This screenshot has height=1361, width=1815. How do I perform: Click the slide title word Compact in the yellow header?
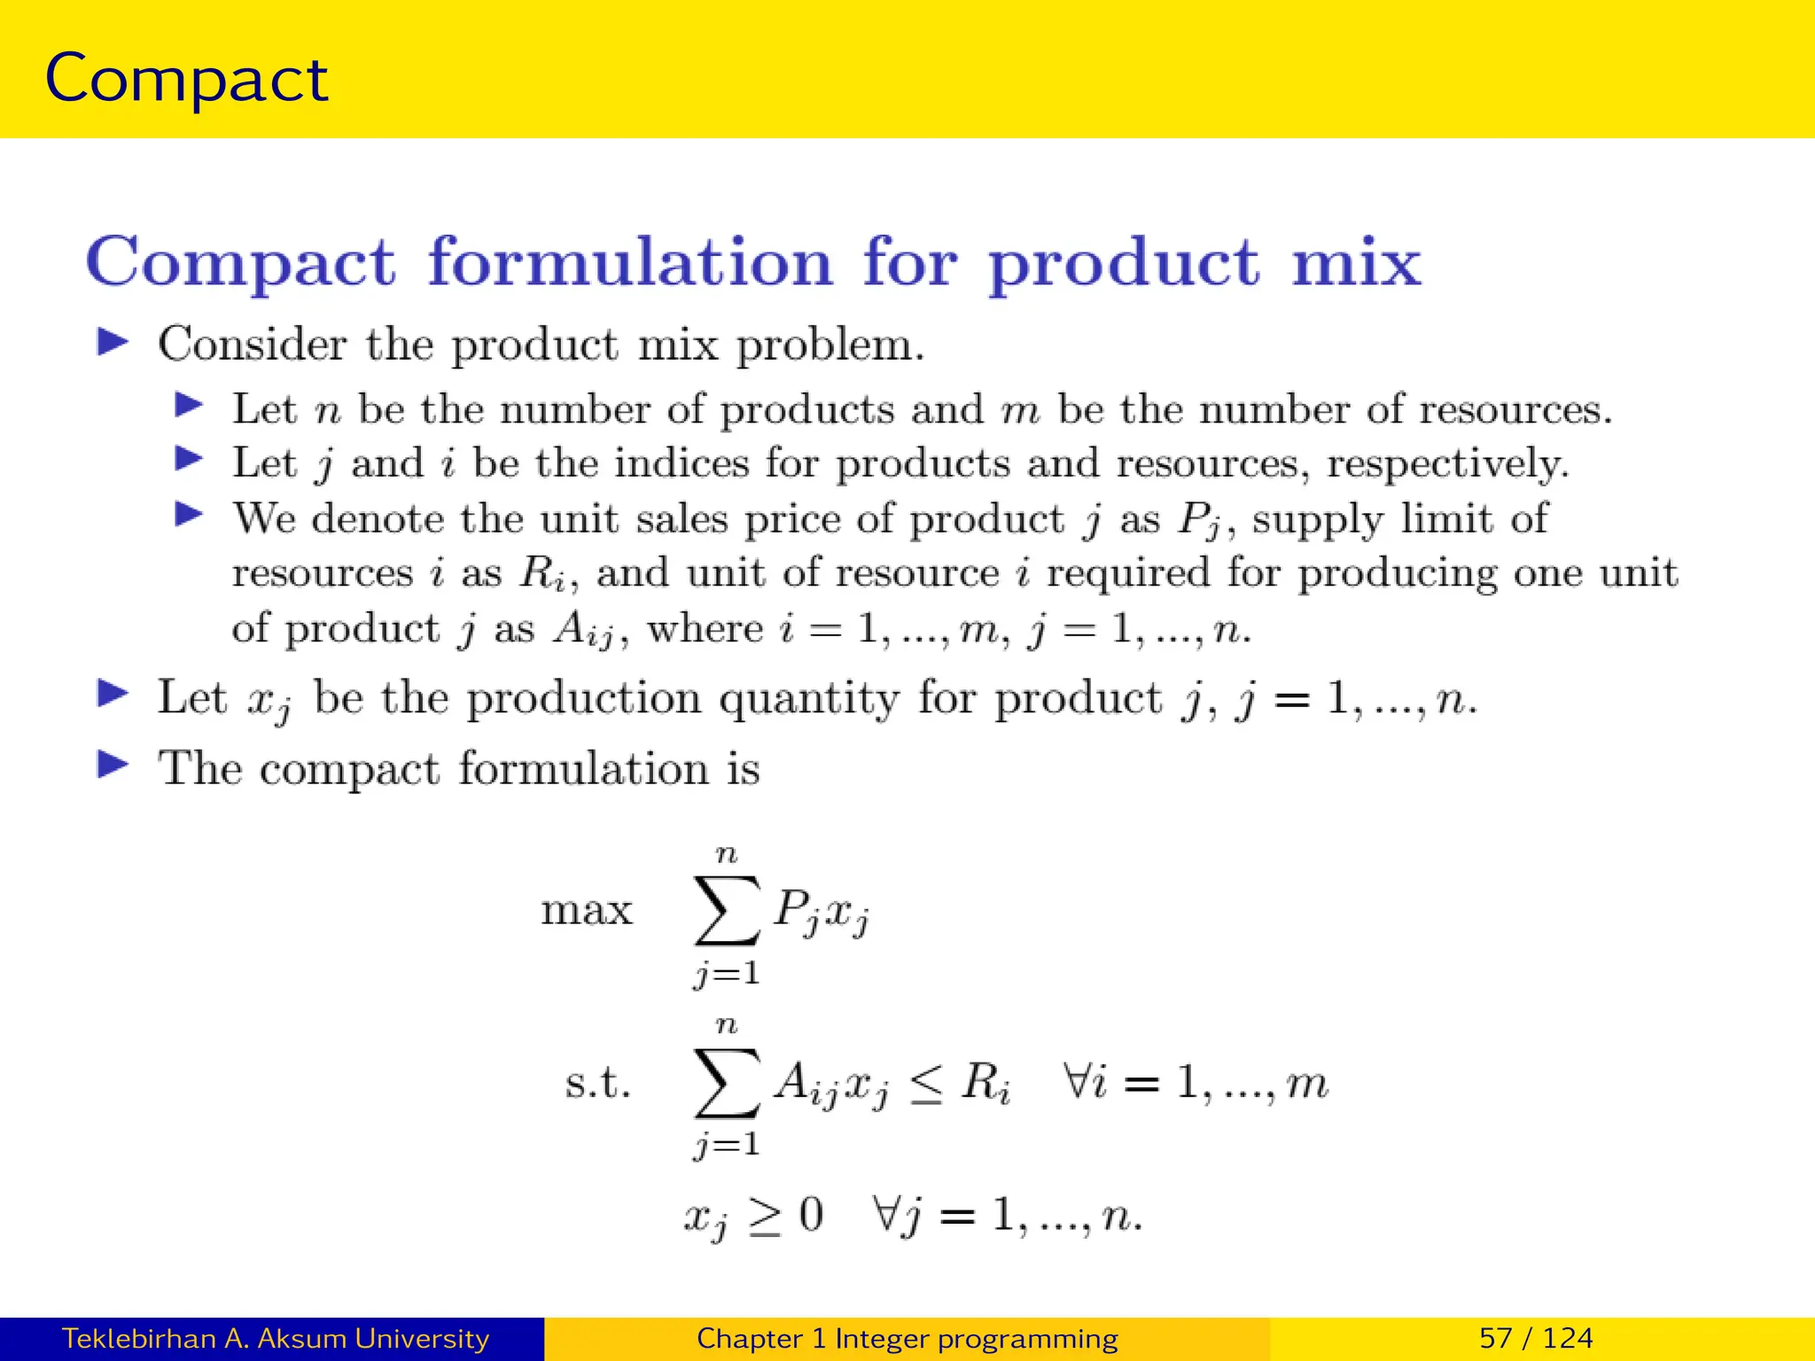tap(186, 80)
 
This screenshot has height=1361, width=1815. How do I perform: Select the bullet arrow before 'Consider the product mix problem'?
tap(113, 342)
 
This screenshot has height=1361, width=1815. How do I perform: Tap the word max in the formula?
tap(587, 911)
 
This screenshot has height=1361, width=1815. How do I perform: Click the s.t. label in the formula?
tap(598, 1083)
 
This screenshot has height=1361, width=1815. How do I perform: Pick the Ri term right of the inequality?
tap(985, 1083)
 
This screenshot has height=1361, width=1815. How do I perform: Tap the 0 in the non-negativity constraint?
tap(810, 1214)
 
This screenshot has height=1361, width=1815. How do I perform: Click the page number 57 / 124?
tap(1536, 1338)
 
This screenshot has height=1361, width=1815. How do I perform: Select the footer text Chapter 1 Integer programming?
tap(907, 1338)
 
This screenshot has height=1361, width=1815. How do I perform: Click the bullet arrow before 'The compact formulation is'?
tap(113, 766)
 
